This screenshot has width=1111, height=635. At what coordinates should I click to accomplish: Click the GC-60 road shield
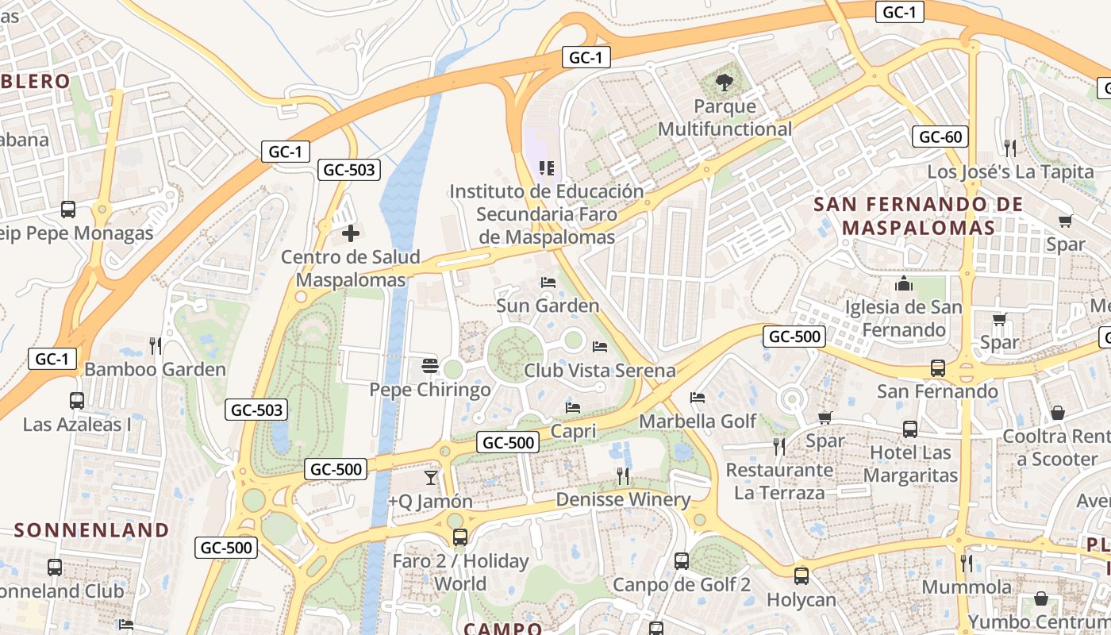pyautogui.click(x=940, y=137)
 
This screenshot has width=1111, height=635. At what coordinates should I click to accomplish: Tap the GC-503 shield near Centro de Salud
pyautogui.click(x=348, y=169)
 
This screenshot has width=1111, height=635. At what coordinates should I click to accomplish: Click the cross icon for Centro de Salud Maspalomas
pyautogui.click(x=350, y=233)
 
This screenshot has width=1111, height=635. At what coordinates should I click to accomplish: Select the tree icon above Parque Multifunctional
pyautogui.click(x=724, y=81)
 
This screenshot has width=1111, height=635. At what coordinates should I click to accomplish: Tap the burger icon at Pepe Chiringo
pyautogui.click(x=430, y=366)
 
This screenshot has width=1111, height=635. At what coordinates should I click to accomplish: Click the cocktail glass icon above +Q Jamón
pyautogui.click(x=430, y=477)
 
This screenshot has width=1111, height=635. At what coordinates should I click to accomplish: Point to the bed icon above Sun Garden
pyautogui.click(x=548, y=282)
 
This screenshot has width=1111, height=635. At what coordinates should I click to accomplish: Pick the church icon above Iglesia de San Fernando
pyautogui.click(x=904, y=283)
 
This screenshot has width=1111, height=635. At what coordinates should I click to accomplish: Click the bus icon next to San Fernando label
pyautogui.click(x=938, y=368)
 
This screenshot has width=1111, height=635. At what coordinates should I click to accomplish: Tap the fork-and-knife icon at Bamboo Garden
pyautogui.click(x=156, y=345)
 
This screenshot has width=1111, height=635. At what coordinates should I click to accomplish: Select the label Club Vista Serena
pyautogui.click(x=600, y=371)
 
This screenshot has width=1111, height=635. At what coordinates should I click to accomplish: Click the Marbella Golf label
pyautogui.click(x=698, y=421)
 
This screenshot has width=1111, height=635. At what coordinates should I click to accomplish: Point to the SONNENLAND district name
pyautogui.click(x=92, y=530)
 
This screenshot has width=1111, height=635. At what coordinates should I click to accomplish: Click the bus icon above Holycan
pyautogui.click(x=802, y=575)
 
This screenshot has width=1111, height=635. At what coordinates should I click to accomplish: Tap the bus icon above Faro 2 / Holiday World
pyautogui.click(x=460, y=537)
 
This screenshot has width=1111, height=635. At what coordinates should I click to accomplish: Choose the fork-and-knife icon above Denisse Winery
pyautogui.click(x=623, y=475)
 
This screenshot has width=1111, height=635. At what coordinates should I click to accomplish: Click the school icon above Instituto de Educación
pyautogui.click(x=546, y=167)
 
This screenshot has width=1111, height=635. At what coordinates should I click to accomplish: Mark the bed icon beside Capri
pyautogui.click(x=573, y=408)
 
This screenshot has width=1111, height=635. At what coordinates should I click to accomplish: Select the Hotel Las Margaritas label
pyautogui.click(x=911, y=464)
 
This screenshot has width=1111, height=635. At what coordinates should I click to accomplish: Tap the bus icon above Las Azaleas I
pyautogui.click(x=77, y=401)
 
